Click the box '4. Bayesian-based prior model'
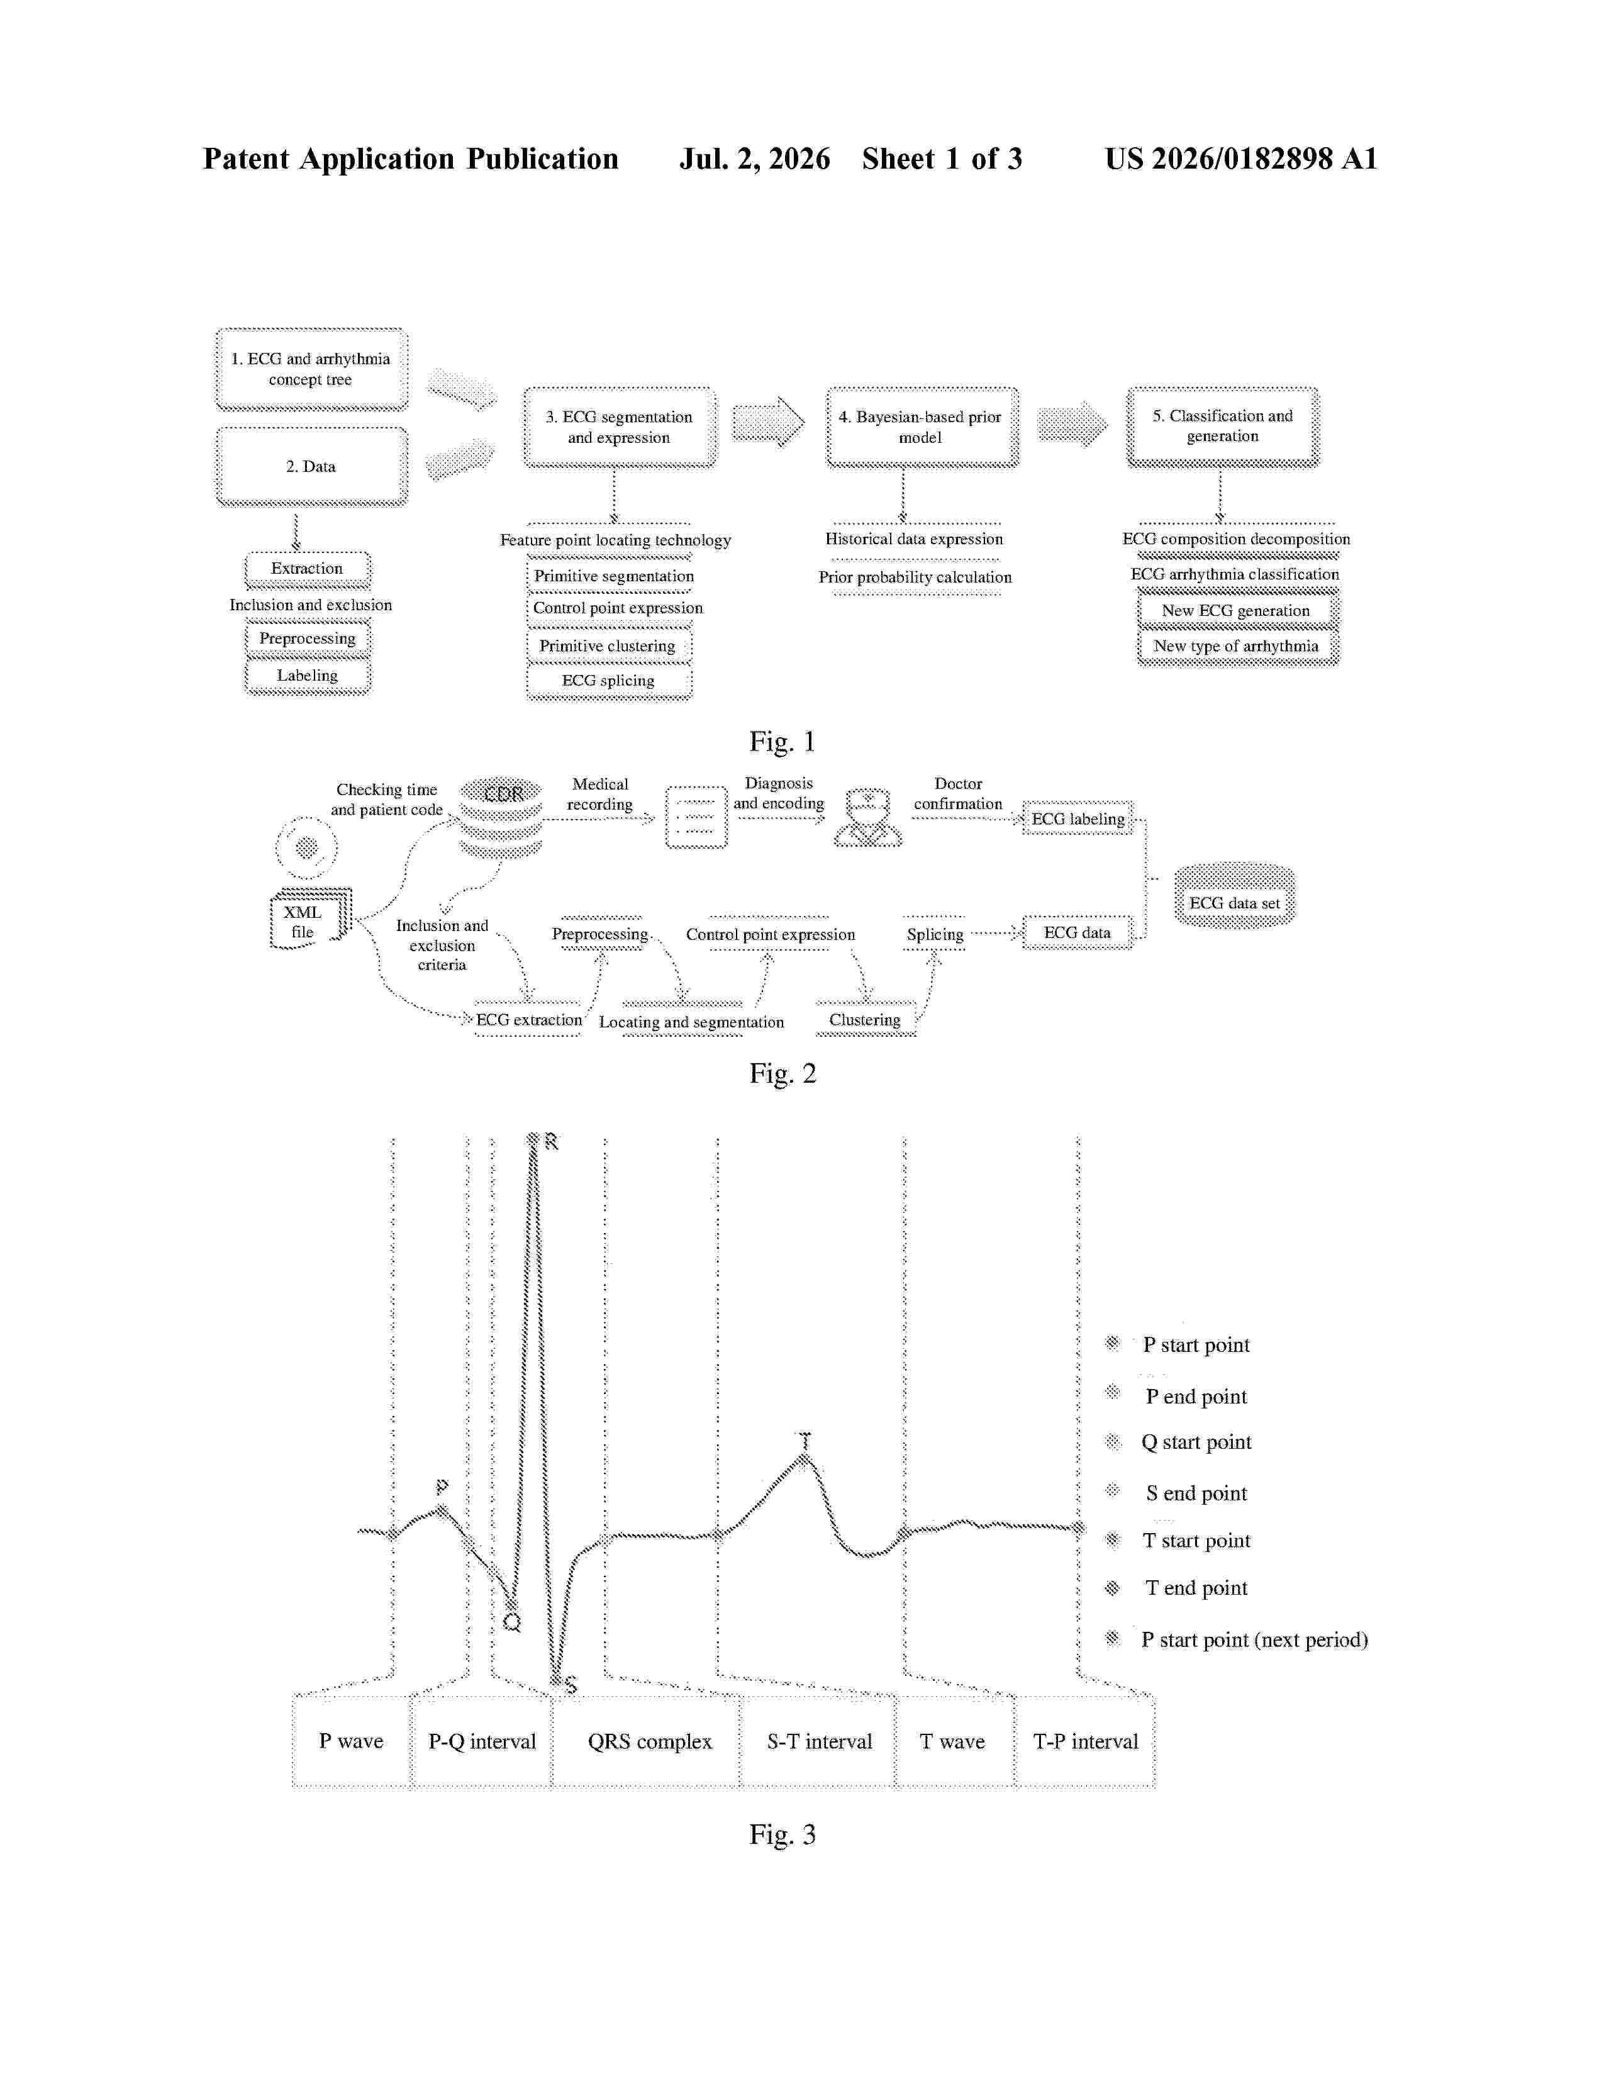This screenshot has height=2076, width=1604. (x=922, y=428)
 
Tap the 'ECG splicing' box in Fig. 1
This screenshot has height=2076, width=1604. (x=609, y=681)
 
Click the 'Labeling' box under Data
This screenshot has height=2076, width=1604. (x=308, y=676)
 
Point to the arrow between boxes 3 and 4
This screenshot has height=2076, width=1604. (x=769, y=422)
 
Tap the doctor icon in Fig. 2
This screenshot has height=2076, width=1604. (x=867, y=817)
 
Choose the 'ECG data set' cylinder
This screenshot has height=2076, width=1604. (x=1234, y=895)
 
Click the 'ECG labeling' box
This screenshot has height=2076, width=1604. (x=1078, y=818)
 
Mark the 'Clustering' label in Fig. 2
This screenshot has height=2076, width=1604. (x=865, y=1020)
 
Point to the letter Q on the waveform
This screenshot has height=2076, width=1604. (x=512, y=1624)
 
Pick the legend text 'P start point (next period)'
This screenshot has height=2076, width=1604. (x=1254, y=1639)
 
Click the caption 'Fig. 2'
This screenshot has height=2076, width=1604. (x=782, y=1074)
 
